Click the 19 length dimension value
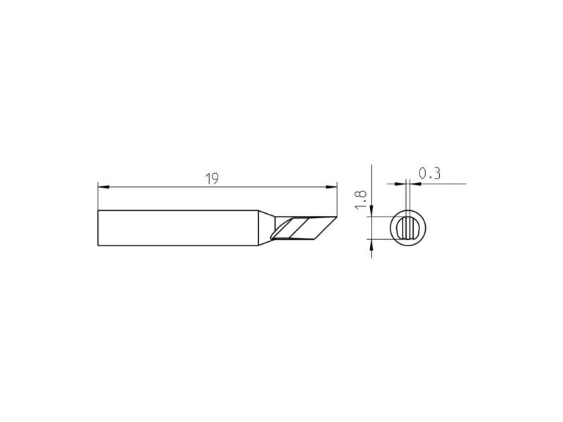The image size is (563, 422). pos(212,179)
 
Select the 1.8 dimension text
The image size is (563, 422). pos(360,200)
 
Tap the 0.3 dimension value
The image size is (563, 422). pos(429,174)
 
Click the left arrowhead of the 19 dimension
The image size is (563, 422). pos(103,186)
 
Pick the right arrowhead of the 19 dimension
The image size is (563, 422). pos(331,186)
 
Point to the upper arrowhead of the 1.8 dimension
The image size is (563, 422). pos(372,211)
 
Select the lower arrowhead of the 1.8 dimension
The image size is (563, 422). pos(372,245)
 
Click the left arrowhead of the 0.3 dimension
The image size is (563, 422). pos(400,184)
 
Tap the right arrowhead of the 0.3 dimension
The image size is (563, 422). pos(415,184)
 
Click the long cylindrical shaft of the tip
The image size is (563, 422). pos(178,228)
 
